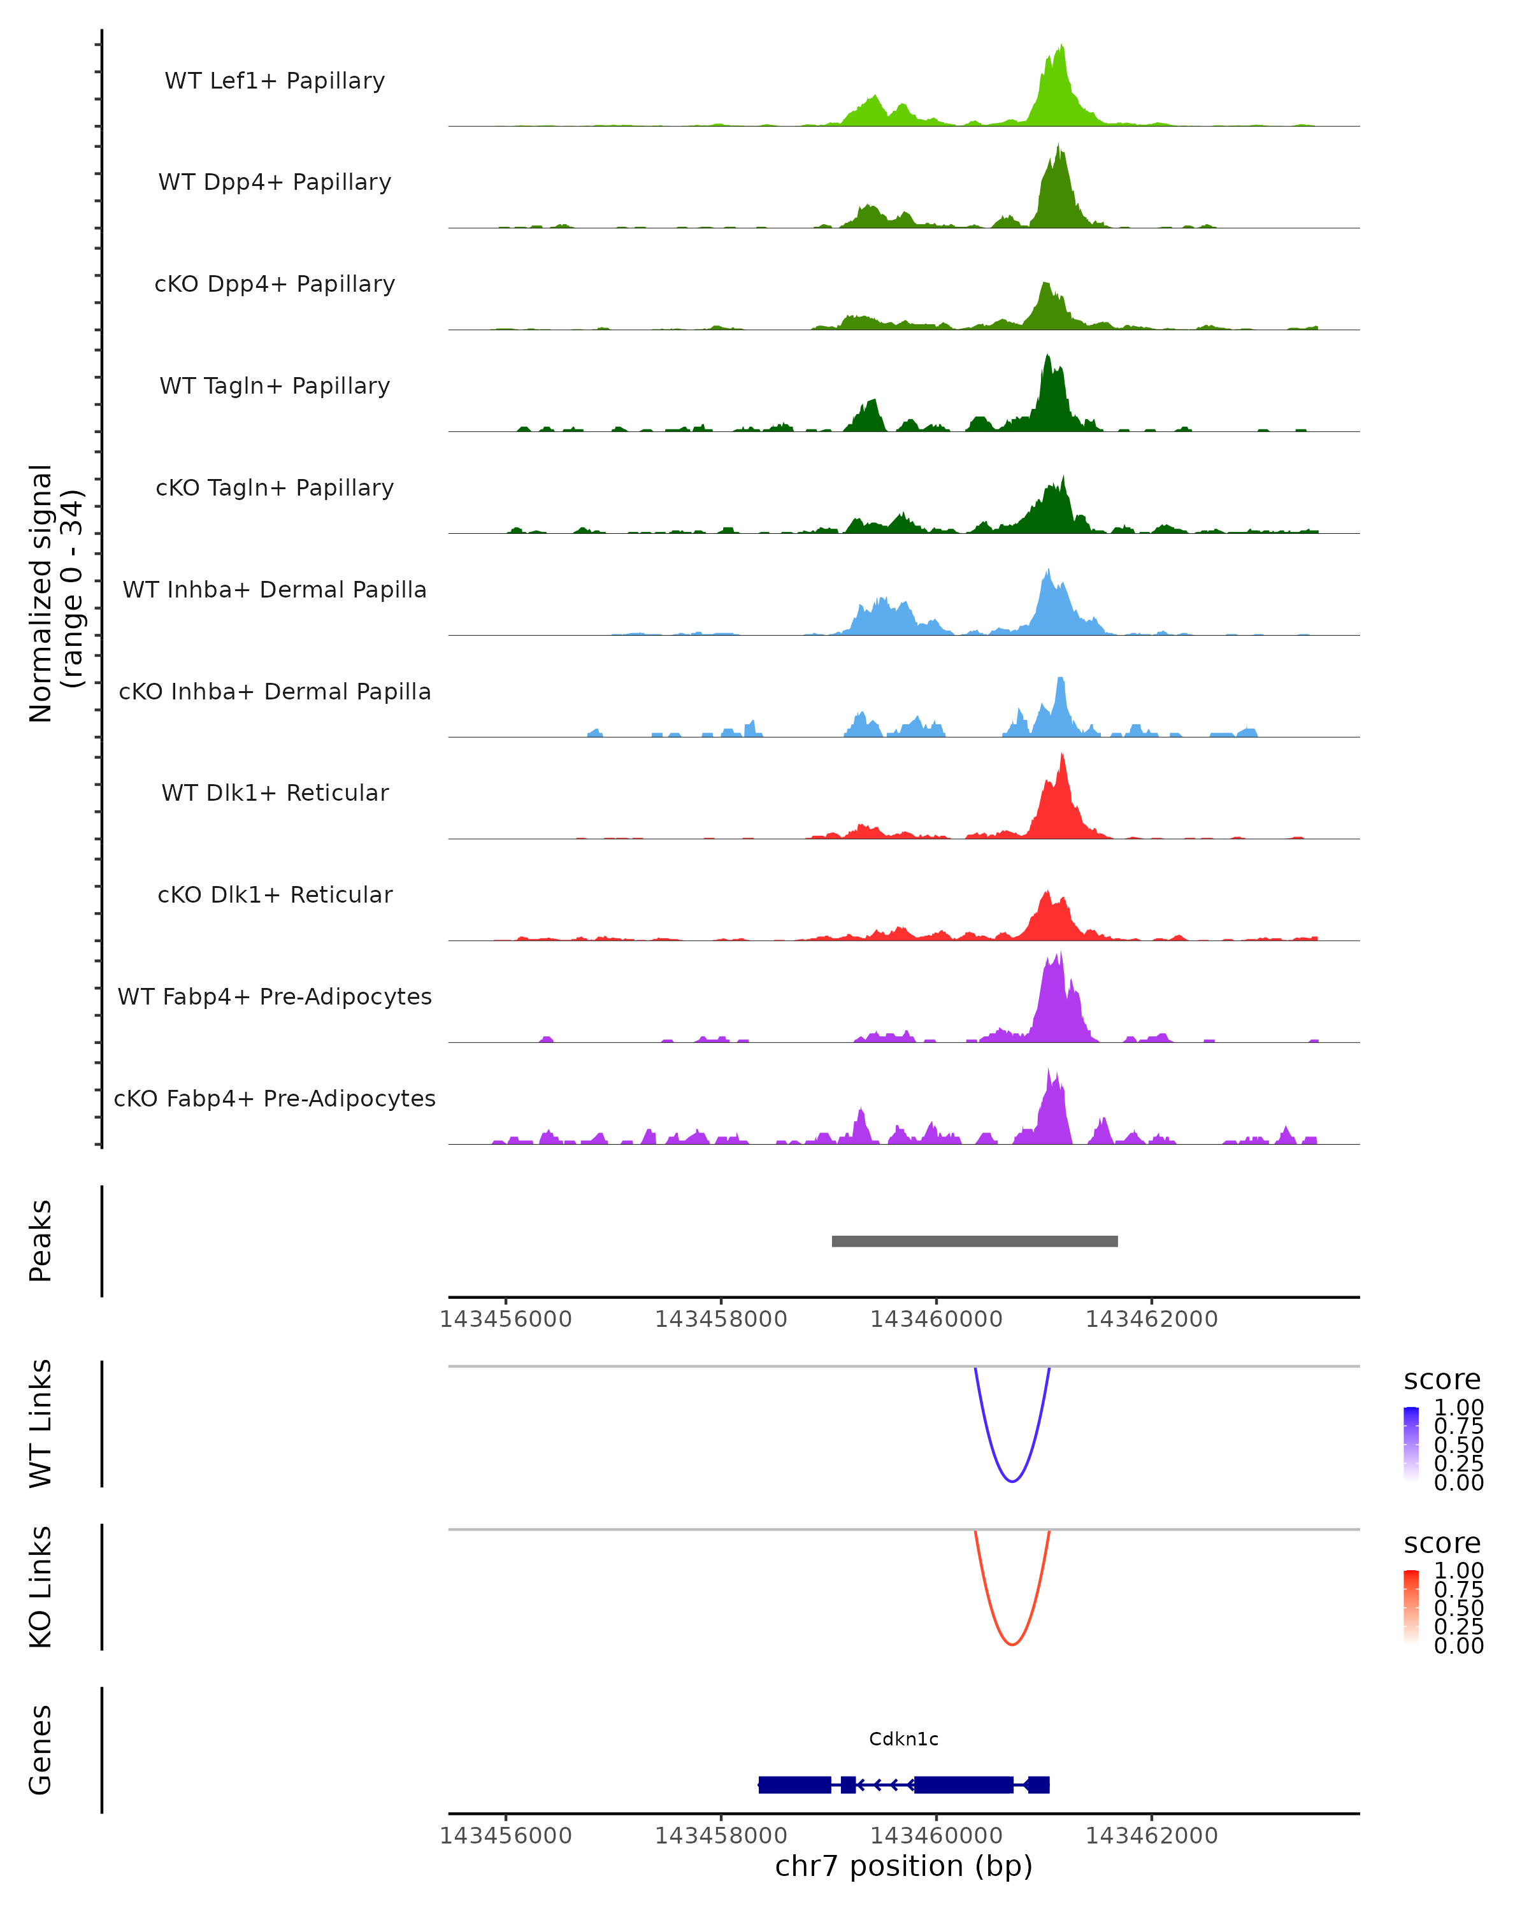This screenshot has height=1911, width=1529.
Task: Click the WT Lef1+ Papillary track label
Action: tap(275, 81)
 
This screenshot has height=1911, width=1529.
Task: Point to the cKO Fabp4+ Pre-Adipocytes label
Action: tap(275, 1098)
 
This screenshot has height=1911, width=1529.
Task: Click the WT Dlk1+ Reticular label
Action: tap(275, 792)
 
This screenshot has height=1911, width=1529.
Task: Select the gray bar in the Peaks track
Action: tap(974, 1241)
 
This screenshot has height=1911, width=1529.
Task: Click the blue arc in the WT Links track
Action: tap(1011, 1481)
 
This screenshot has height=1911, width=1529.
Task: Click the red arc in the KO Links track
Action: tap(1011, 1644)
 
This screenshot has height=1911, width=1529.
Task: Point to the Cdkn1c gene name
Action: tap(903, 1739)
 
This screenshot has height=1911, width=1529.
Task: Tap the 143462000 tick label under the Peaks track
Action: tap(1151, 1319)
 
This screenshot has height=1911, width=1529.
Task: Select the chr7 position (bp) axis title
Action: tap(903, 1866)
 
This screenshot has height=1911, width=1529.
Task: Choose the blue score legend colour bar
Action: tap(1411, 1444)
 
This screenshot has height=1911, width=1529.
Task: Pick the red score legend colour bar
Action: tap(1411, 1607)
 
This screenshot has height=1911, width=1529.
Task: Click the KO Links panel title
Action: tap(41, 1587)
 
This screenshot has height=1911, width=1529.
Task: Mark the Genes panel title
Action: tap(41, 1750)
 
